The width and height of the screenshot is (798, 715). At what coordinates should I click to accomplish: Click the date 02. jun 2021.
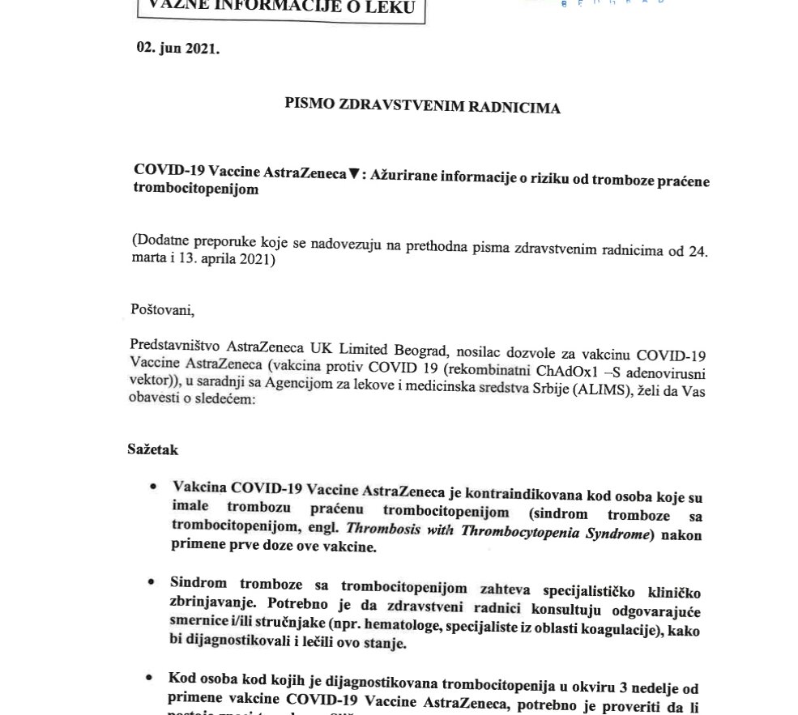click(x=177, y=49)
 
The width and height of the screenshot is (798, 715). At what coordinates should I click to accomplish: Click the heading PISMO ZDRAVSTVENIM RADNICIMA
click(x=422, y=106)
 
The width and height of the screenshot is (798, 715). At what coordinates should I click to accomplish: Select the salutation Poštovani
click(x=163, y=309)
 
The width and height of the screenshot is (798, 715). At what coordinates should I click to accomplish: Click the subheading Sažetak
click(x=152, y=449)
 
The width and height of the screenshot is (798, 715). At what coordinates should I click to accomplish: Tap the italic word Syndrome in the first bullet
click(x=612, y=534)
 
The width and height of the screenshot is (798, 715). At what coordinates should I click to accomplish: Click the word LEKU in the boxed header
click(x=384, y=9)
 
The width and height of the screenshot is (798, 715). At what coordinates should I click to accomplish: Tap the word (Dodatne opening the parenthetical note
click(x=159, y=241)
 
